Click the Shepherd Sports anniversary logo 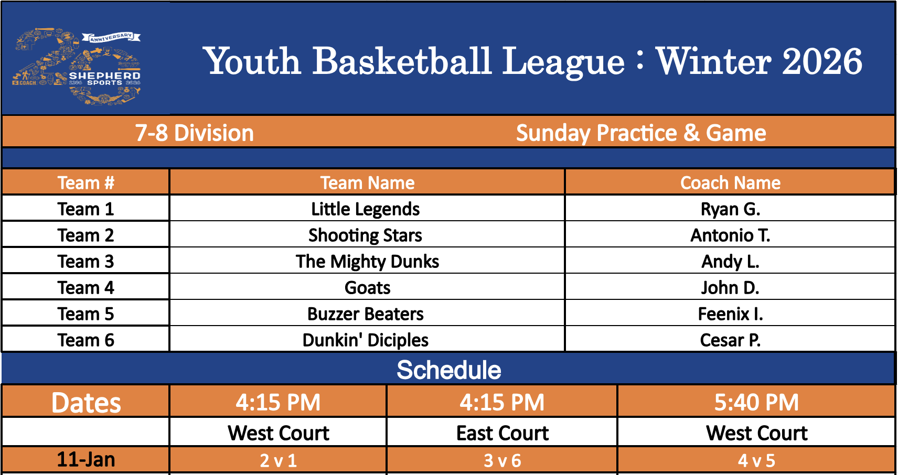point(77,67)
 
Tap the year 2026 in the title point(822,61)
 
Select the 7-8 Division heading point(195,133)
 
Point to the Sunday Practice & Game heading point(640,133)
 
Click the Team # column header point(86,183)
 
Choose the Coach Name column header point(730,183)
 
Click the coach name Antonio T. point(730,235)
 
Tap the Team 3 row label point(86,261)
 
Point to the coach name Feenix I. point(730,314)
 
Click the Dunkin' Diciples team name point(365,340)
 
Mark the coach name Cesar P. point(730,340)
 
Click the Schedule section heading point(448,370)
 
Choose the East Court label point(503,433)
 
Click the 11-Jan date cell point(86,459)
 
